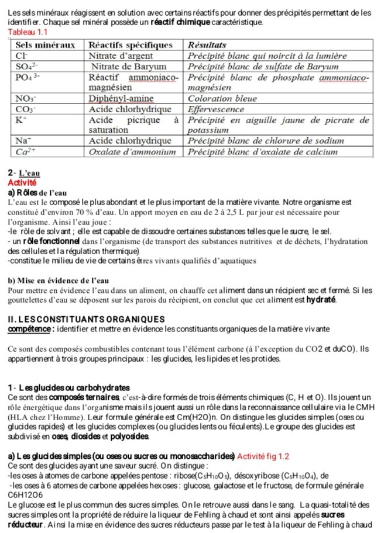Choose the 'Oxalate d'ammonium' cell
click(x=132, y=151)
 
